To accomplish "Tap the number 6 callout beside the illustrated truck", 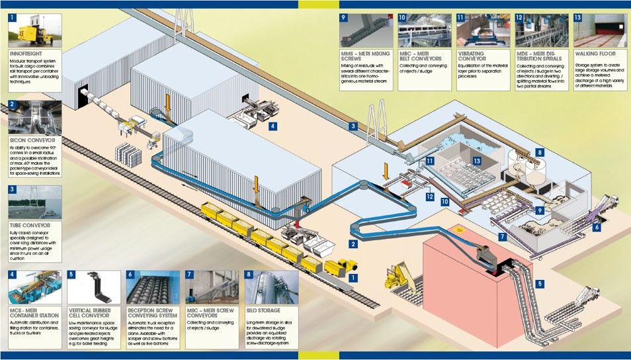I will point(597,227).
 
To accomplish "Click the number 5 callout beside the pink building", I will point(540,284).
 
